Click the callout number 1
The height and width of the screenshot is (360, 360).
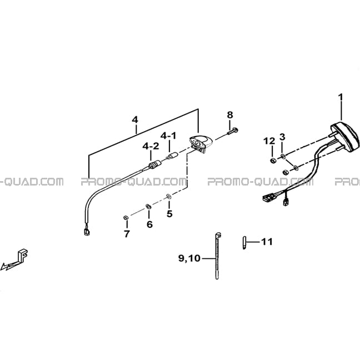[341, 97]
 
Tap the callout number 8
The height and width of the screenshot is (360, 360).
[230, 115]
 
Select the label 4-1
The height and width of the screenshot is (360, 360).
[168, 136]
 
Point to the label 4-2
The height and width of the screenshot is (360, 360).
[151, 146]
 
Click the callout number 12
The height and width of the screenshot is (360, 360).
[269, 141]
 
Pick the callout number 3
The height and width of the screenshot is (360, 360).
[282, 137]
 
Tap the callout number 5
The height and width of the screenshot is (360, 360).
[169, 214]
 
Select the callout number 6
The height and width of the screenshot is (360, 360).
[149, 224]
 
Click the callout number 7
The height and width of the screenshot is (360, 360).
[127, 234]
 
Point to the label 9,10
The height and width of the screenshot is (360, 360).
[189, 258]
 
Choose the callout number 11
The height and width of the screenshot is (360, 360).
[267, 242]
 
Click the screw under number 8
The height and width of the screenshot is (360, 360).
[233, 131]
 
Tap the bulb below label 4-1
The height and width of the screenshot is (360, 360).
[171, 157]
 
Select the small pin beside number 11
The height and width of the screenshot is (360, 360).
[244, 243]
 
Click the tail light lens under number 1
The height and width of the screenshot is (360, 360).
[345, 137]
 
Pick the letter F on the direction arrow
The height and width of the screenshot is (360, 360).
[23, 256]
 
